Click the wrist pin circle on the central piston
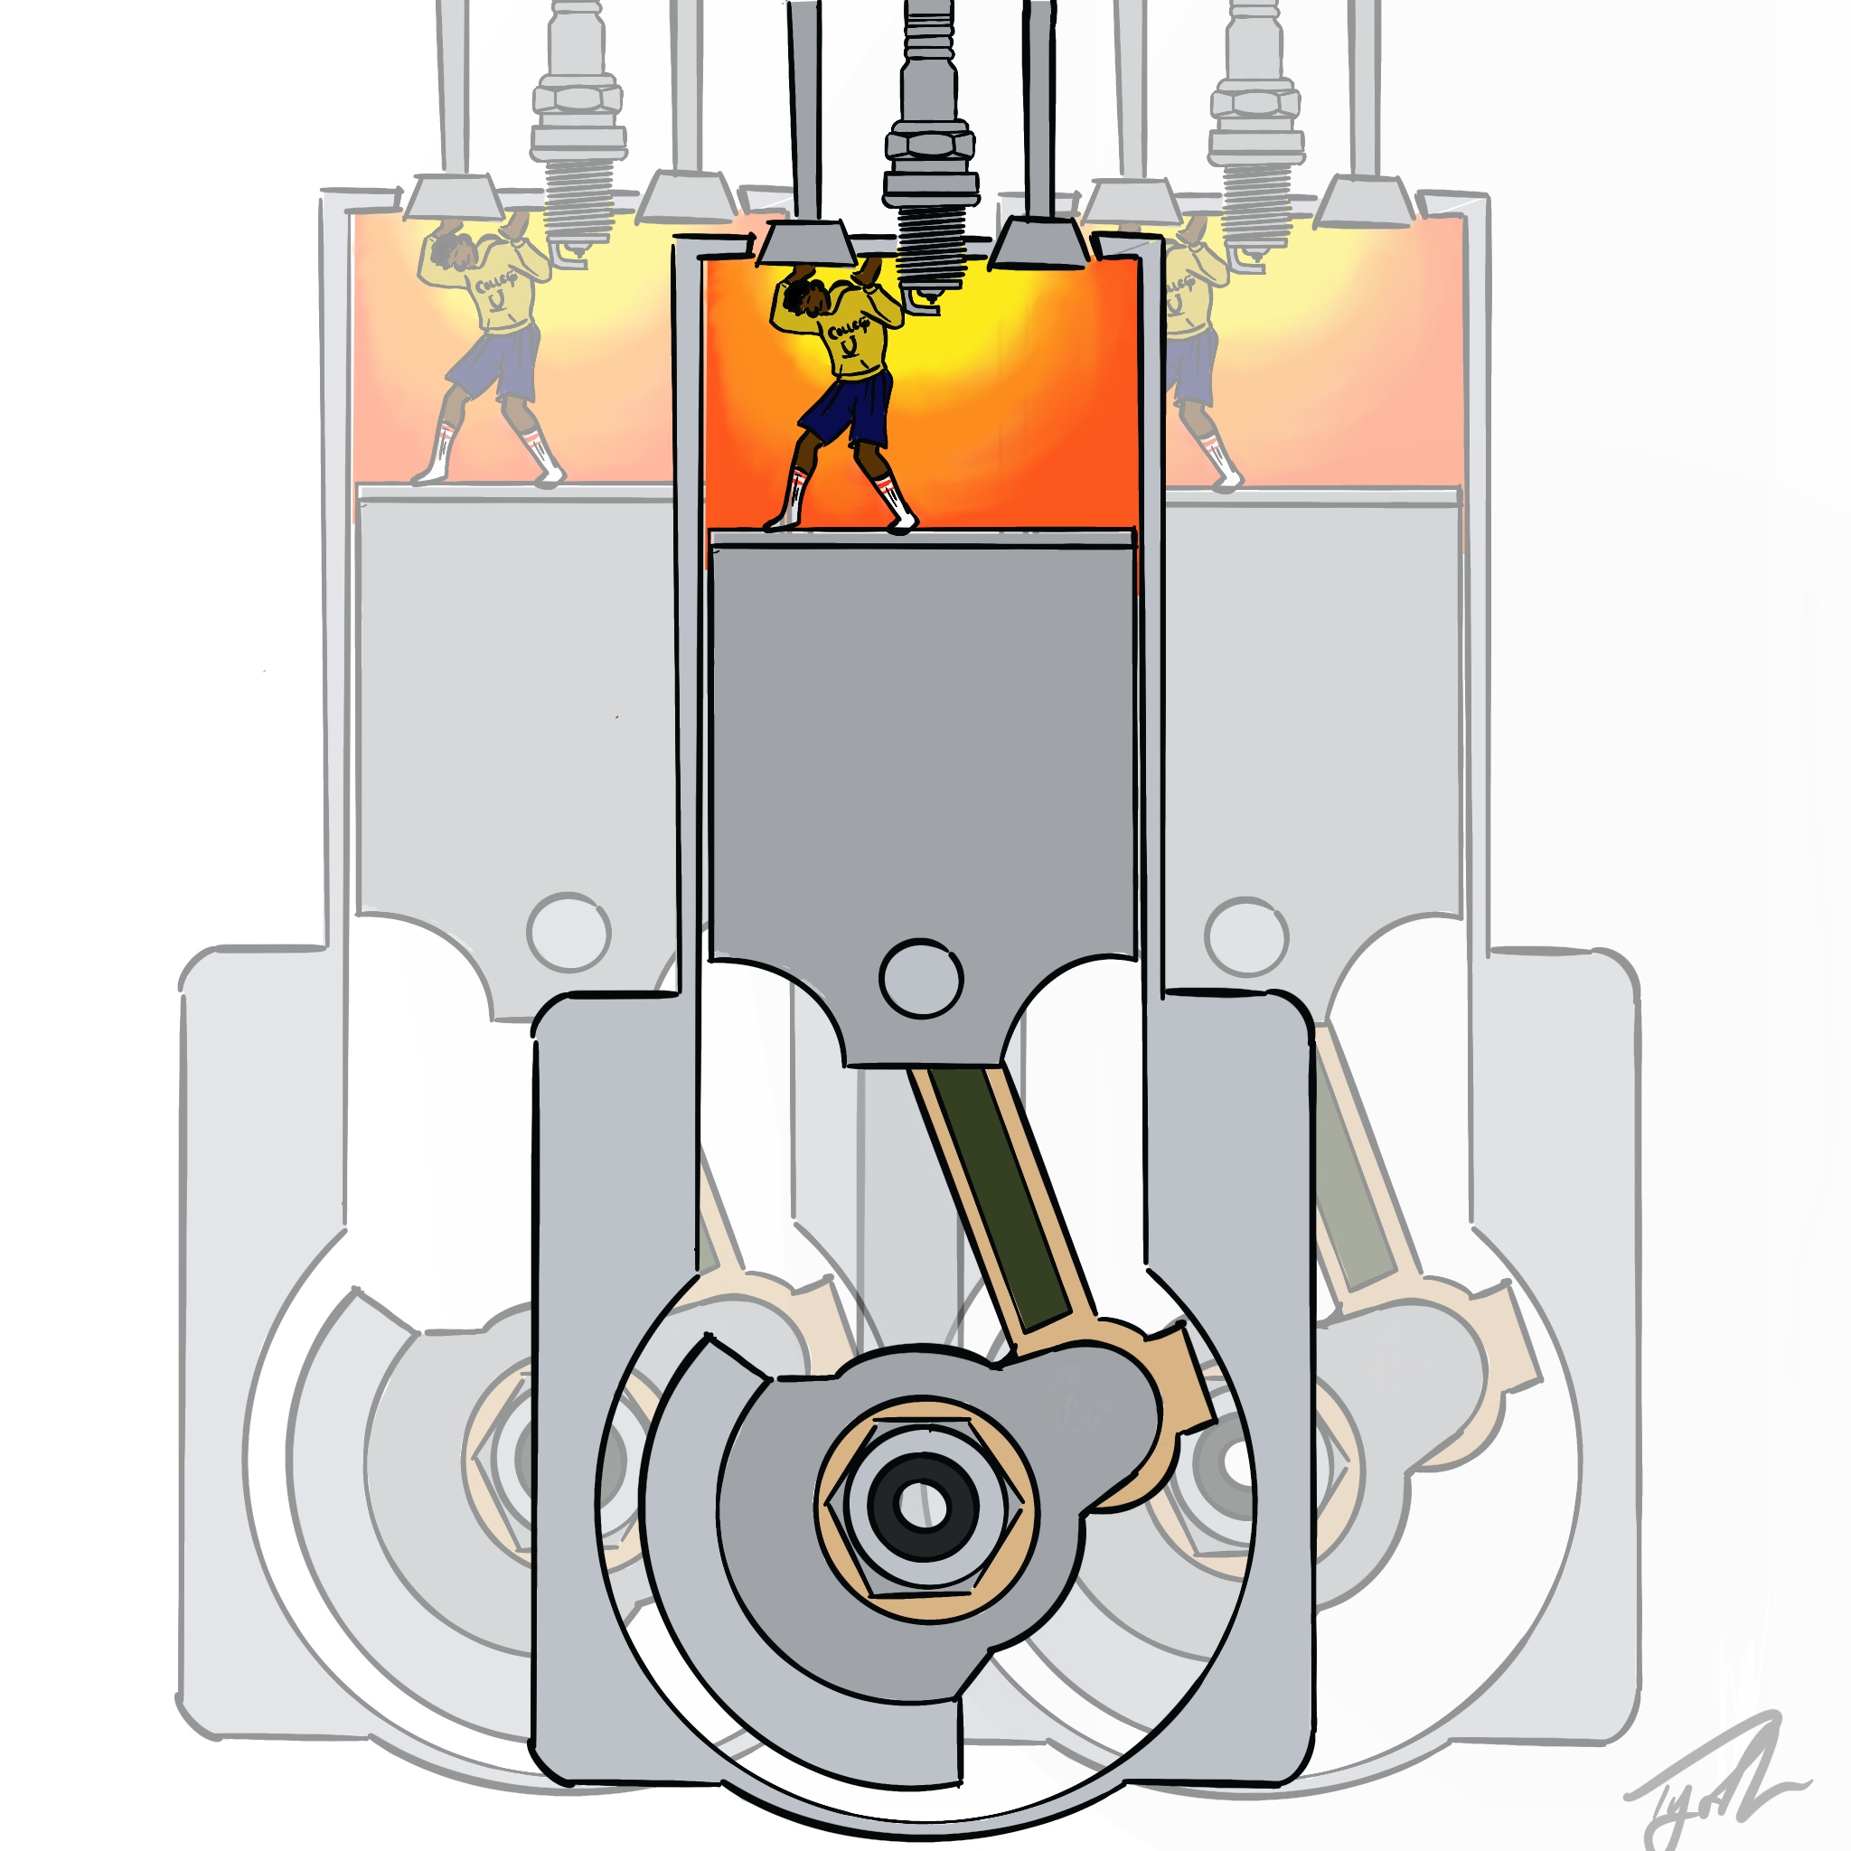921,979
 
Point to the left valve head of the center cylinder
807,244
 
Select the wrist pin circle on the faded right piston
1246,937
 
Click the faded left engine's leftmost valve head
453,197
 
